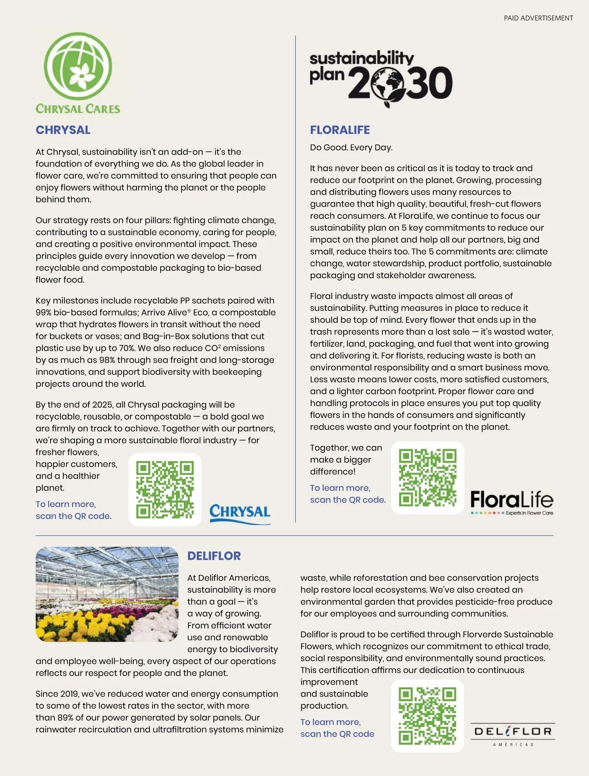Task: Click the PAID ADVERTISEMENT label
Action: tap(538, 18)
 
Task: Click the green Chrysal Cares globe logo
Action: tap(78, 66)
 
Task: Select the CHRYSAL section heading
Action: tap(63, 130)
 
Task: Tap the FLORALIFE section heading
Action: tap(340, 130)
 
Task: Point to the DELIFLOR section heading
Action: tap(214, 556)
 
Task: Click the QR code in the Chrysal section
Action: tap(165, 490)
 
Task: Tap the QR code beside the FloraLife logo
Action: tap(428, 477)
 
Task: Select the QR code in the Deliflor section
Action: tap(428, 716)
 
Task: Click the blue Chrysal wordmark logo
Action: tap(240, 513)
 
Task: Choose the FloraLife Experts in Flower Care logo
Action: tap(511, 502)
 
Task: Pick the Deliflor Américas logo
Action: tap(513, 734)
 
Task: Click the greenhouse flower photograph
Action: tap(107, 594)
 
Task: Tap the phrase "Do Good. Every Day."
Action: tap(351, 148)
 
